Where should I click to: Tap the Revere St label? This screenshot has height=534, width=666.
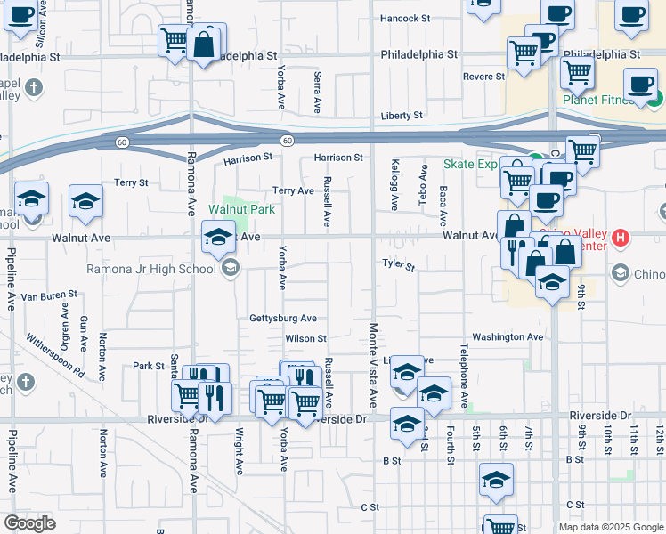(x=484, y=77)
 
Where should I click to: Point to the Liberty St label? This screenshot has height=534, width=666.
(x=402, y=116)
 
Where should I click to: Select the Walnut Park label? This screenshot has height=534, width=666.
(x=242, y=210)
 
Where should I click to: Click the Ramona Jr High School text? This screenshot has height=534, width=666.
(x=150, y=269)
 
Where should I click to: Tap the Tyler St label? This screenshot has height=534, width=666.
(x=399, y=265)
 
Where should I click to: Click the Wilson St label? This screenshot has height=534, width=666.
(x=306, y=338)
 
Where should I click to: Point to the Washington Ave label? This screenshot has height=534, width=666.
(x=507, y=337)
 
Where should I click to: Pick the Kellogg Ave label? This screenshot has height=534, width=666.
(x=394, y=185)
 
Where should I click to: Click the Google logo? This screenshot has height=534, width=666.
(x=30, y=523)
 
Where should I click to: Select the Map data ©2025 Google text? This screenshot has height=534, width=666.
(x=610, y=527)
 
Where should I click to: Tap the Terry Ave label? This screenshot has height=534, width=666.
(x=293, y=190)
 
